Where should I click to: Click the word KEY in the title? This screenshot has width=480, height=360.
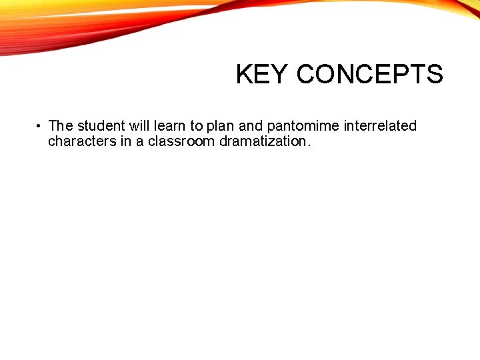pos(263,75)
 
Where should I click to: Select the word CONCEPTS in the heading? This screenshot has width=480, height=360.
pos(369,75)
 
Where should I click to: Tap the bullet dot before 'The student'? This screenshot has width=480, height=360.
pos(39,126)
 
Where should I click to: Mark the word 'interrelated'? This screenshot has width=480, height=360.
pos(380,125)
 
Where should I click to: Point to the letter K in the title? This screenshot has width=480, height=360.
pos(243,75)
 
